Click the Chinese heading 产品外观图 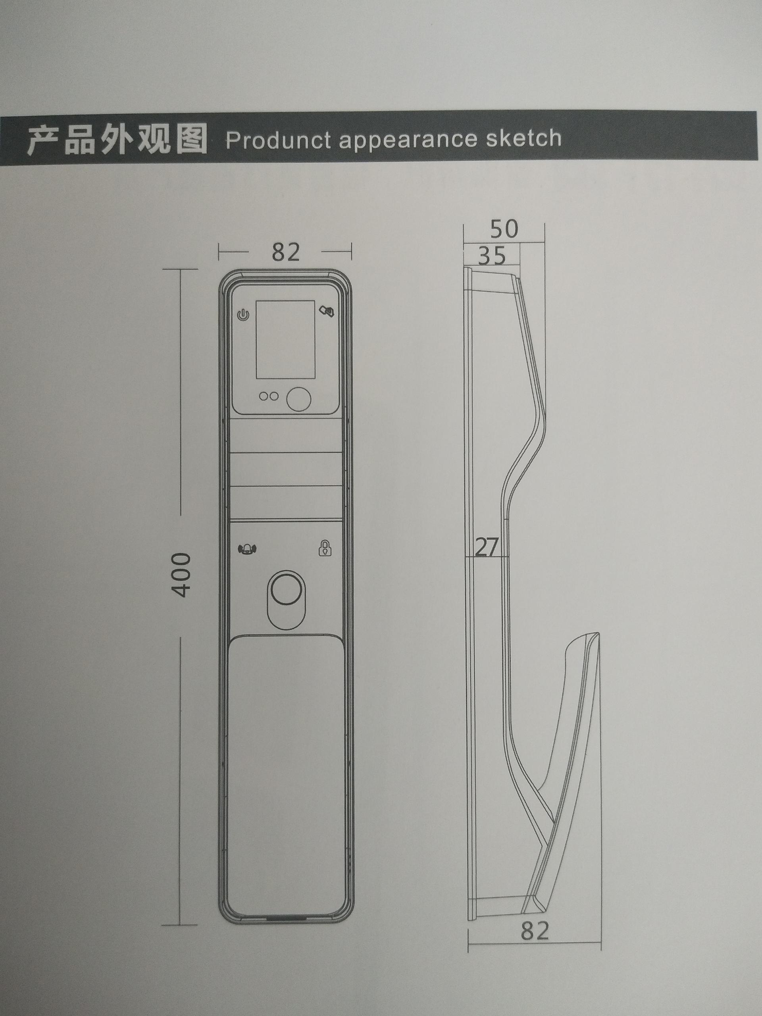tap(117, 140)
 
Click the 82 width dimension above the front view tap(286, 252)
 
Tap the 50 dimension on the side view tap(504, 229)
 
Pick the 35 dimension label tap(492, 256)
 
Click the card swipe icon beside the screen tap(327, 312)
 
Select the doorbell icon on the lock tap(248, 548)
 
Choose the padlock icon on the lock tap(325, 548)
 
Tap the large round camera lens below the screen tap(299, 399)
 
